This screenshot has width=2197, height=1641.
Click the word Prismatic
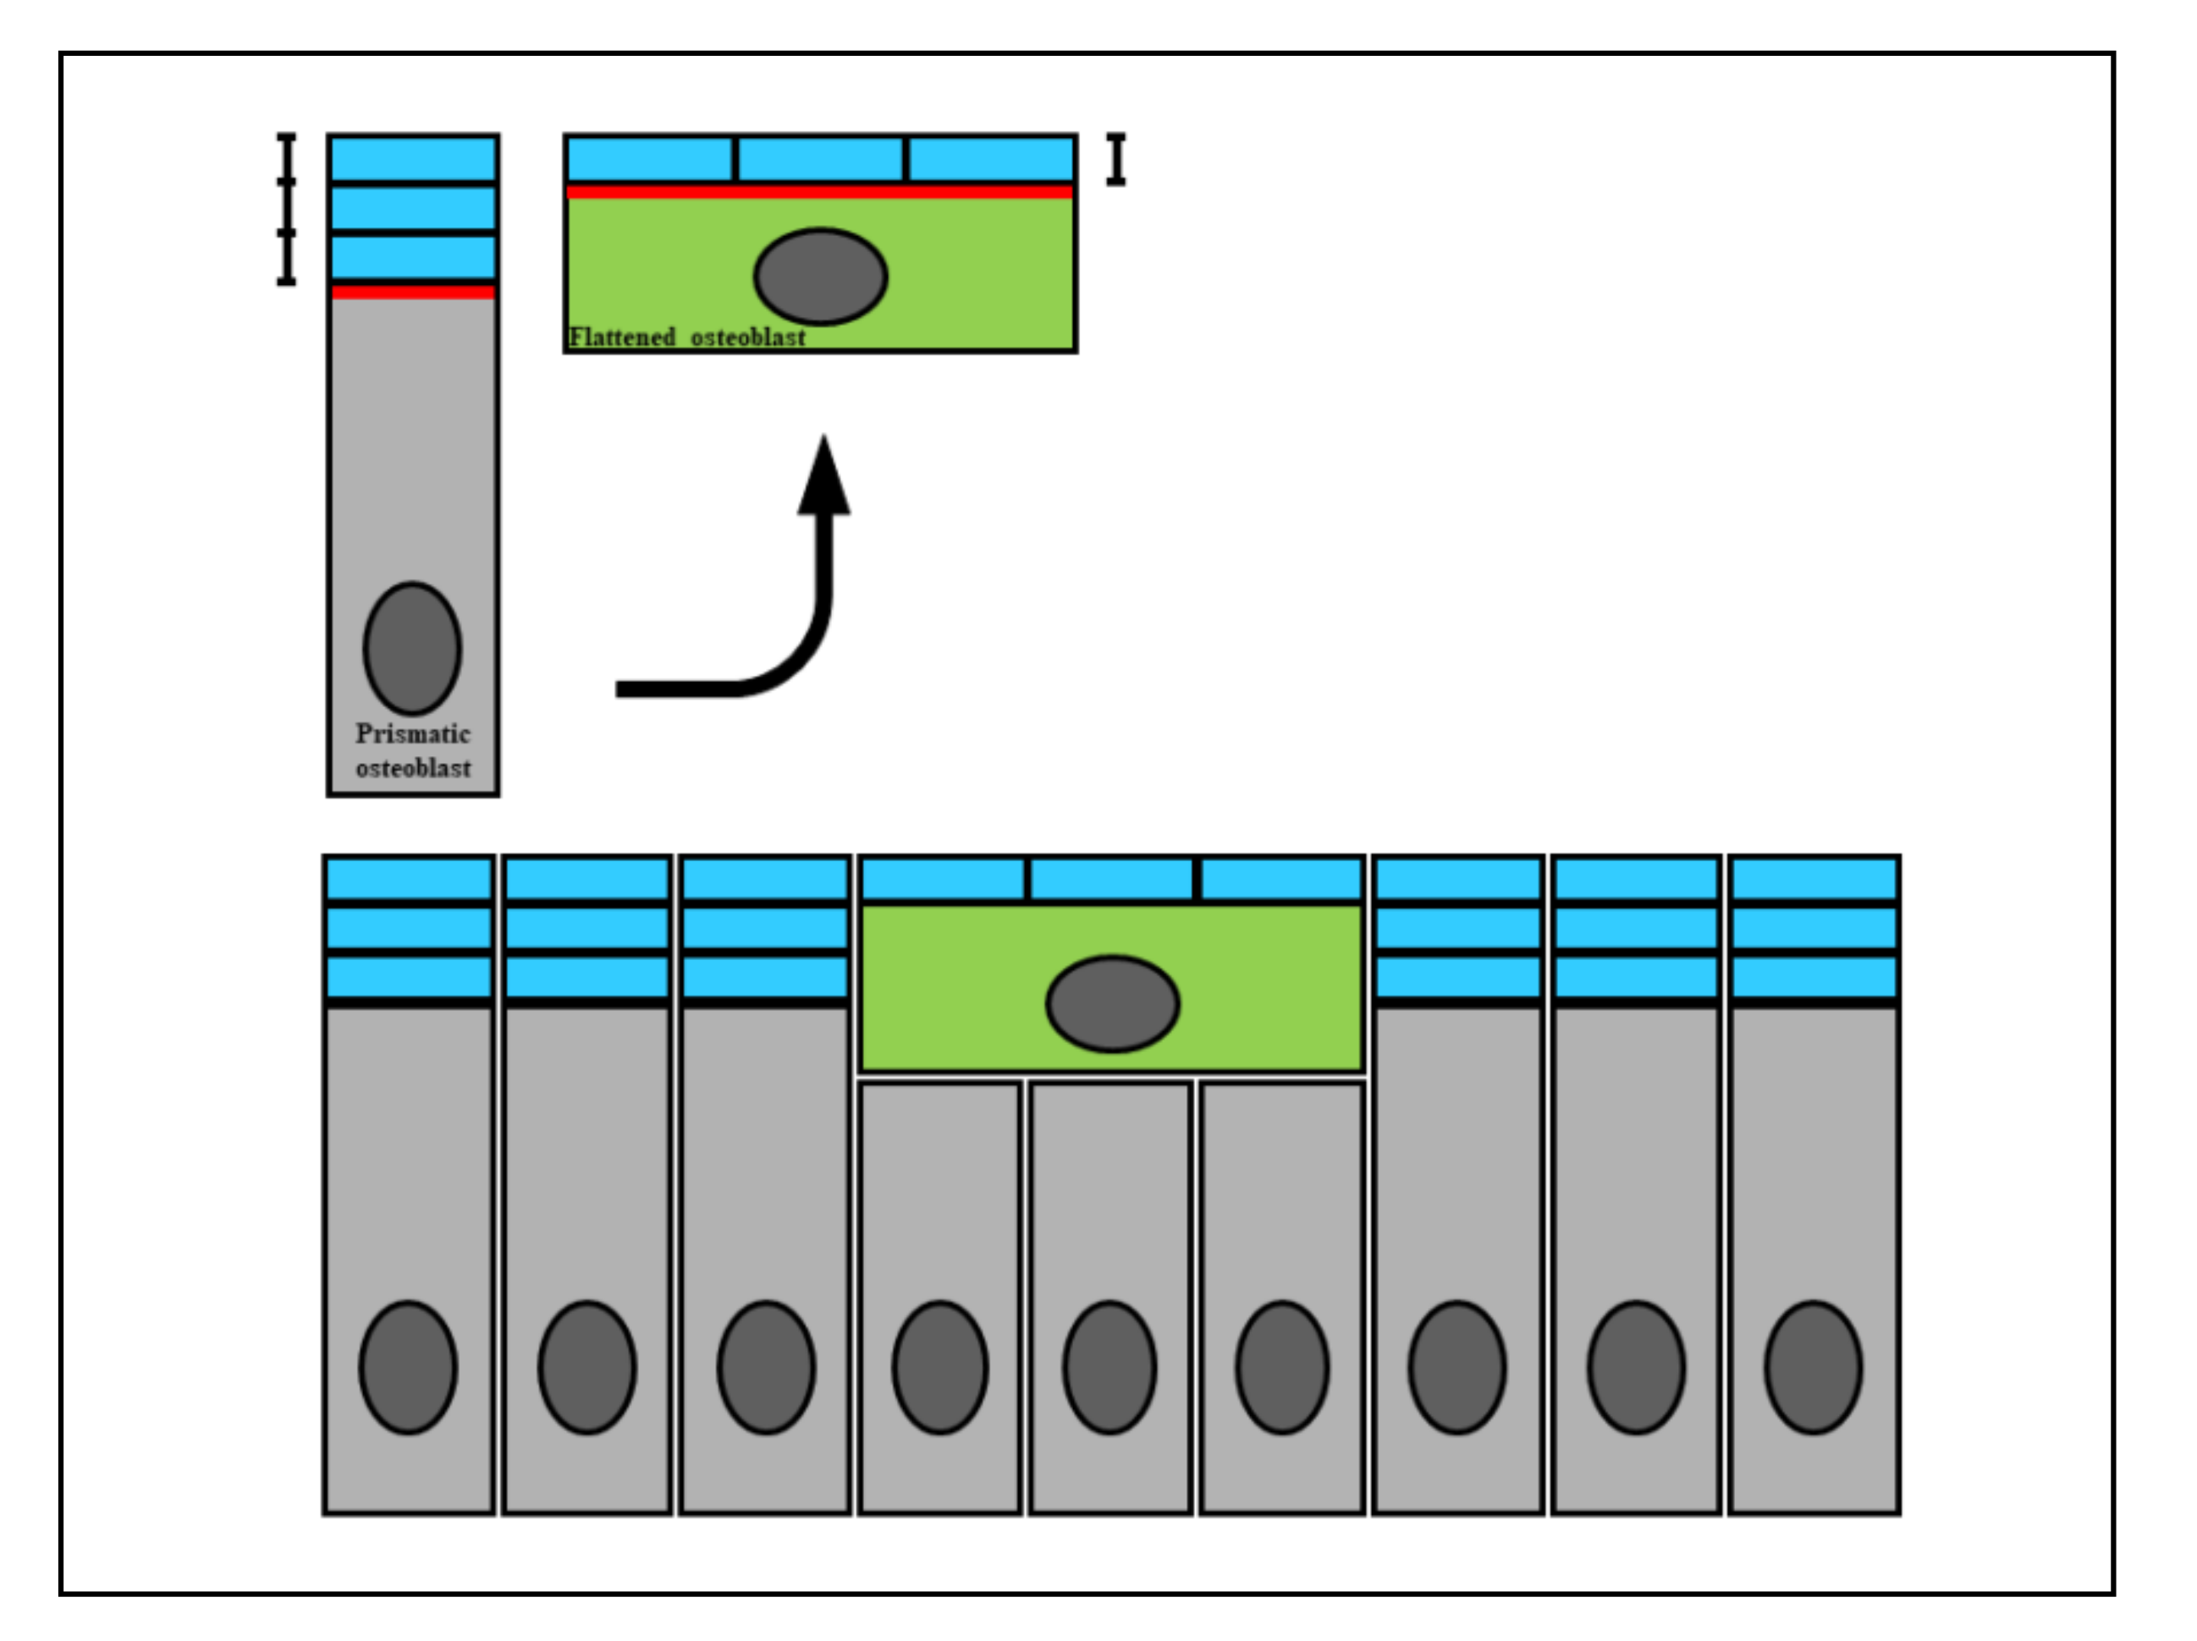pos(412,733)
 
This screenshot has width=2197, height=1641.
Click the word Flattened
pos(622,338)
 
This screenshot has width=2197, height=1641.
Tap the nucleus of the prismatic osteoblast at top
pos(412,647)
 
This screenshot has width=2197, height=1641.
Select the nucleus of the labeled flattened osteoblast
pos(820,276)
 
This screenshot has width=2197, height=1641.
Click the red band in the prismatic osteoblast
pos(413,291)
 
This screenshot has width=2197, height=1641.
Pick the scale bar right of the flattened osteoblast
pos(1116,159)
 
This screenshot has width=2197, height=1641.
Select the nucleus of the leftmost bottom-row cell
pos(408,1367)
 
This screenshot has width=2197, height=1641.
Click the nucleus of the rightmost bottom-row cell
pos(1814,1367)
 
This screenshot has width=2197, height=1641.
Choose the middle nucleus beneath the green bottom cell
pos(1110,1367)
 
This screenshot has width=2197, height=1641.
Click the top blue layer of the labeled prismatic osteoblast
pos(413,159)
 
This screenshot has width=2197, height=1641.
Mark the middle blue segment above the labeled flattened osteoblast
pos(820,159)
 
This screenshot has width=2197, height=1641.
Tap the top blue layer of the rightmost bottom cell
pos(1814,879)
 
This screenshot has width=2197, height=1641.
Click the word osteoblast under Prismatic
pos(413,767)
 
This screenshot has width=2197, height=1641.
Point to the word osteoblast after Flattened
pos(748,338)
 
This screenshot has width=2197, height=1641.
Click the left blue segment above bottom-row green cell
pos(943,879)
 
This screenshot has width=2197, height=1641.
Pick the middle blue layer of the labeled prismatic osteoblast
pos(413,208)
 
